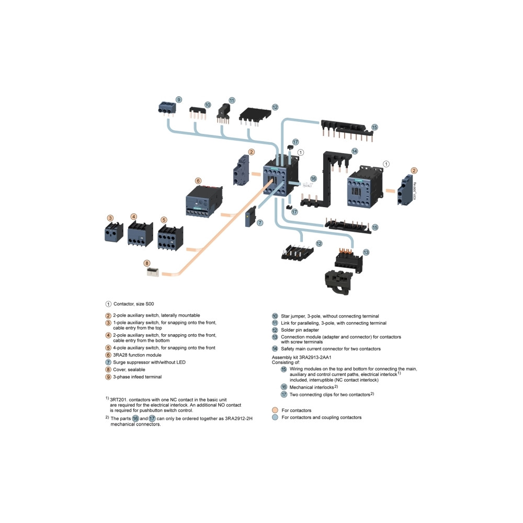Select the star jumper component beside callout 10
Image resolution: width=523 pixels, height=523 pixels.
pos(198,113)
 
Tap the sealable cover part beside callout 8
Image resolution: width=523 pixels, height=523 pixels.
pos(153,272)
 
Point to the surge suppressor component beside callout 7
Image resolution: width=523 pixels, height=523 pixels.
pos(251,217)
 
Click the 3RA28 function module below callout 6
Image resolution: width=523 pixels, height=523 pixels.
pos(204,201)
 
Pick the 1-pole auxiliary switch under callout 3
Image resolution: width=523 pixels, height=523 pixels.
pos(113,232)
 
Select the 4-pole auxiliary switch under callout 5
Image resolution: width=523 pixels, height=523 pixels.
pos(170,237)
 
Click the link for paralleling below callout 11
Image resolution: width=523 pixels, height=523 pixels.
pos(223,114)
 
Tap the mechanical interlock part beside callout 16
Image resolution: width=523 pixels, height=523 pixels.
pos(308,185)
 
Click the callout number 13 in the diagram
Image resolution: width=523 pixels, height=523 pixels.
pos(366,252)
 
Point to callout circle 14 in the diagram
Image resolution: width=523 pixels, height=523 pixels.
pos(355,151)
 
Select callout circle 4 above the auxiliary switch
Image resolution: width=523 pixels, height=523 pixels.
pos(134,217)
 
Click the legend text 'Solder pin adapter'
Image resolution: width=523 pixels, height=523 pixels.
pos(300,330)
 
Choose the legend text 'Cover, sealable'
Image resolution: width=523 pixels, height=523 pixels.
pos(129,370)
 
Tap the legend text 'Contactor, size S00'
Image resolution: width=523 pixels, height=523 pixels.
pos(134,304)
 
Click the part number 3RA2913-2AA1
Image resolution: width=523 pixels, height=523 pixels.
pos(315,357)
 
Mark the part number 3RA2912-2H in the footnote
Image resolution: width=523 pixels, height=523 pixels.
pos(238,418)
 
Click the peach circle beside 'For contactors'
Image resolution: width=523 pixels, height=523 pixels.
pos(275,410)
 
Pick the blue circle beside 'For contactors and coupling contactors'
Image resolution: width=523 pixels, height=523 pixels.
pos(275,417)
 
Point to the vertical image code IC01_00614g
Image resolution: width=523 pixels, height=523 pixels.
pos(415,191)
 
